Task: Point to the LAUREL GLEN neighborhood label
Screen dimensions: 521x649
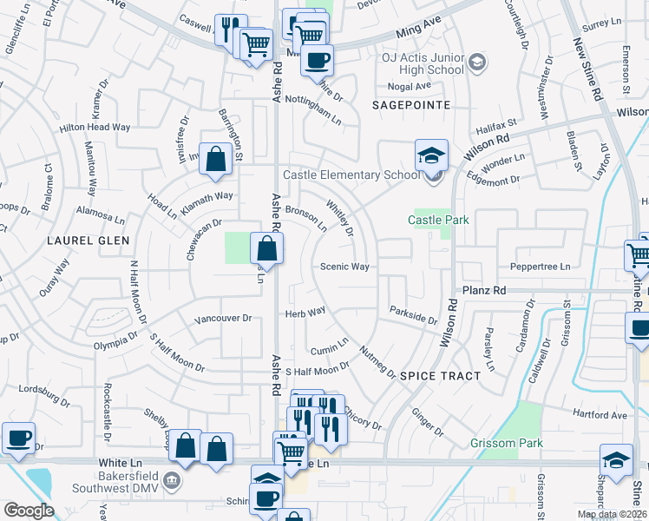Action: pos(89,241)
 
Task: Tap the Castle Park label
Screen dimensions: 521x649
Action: pos(438,221)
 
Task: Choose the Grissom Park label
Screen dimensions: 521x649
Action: pos(507,444)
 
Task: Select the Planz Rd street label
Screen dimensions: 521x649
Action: pos(484,290)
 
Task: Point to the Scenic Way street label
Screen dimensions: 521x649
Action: pos(344,267)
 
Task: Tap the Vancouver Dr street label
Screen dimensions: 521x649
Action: pos(222,319)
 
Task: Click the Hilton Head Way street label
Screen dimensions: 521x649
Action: pos(95,127)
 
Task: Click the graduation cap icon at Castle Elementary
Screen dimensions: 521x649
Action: pos(431,156)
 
